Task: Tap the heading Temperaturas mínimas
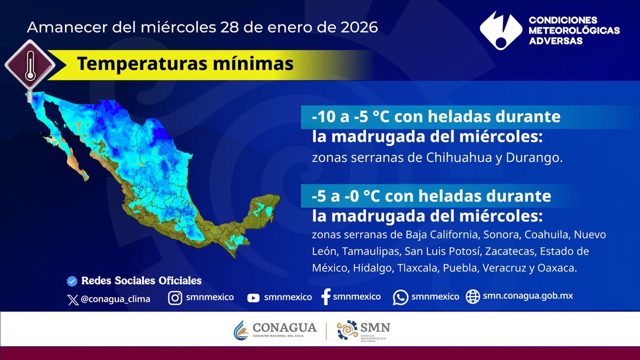185,63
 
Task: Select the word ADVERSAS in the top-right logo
555,41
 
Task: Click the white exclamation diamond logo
501,30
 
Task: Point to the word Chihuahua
459,157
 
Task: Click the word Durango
534,158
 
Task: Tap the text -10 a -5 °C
351,117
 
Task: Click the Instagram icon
175,298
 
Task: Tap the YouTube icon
253,298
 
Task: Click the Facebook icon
326,297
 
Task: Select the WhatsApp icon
401,298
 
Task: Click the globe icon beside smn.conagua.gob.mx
473,297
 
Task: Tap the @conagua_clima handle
115,299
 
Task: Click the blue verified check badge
72,281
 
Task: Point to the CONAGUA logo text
285,327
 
